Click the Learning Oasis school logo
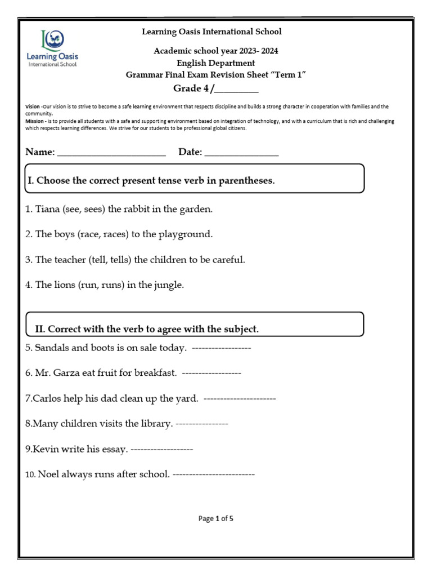click(53, 48)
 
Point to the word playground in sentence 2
click(185, 234)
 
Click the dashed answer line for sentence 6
click(212, 373)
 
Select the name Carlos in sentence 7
click(46, 398)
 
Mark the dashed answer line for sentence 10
click(213, 474)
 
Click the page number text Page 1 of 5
click(216, 519)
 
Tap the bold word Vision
click(33, 106)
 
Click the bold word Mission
click(34, 121)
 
